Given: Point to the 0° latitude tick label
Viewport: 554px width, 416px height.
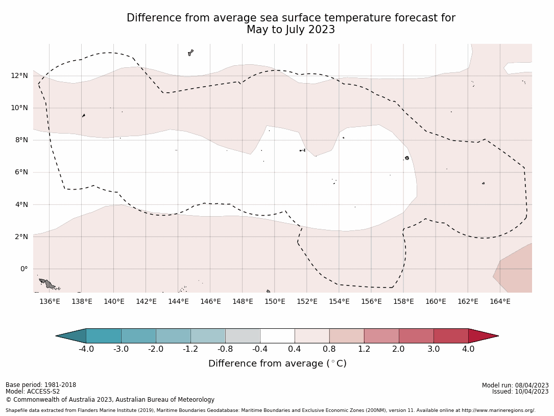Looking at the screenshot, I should coord(23,269).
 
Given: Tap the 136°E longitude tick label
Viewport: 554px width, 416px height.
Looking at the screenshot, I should coord(50,301).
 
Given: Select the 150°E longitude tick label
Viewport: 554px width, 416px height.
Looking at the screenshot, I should coord(275,301).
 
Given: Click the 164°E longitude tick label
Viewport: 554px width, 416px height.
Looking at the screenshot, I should coord(500,301).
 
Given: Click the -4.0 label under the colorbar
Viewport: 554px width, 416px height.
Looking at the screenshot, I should coord(86,349).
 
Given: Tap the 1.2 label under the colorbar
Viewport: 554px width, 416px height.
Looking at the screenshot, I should coord(364,349).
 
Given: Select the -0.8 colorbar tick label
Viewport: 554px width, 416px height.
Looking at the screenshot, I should coord(225,349).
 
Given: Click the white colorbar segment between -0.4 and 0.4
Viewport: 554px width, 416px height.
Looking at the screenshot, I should coord(277,336).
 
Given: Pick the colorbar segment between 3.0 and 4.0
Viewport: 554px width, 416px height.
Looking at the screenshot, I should coord(451,336).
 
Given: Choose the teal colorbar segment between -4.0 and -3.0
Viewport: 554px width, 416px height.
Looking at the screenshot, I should coord(104,336).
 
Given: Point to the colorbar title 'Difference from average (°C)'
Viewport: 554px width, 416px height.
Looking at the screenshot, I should coord(277,363).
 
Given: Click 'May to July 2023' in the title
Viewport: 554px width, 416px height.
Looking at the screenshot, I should coord(291,30).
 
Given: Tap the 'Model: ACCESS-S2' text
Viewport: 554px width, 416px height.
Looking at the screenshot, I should coord(33,392).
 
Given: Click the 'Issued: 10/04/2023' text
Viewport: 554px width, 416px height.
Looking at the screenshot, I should coord(520,392).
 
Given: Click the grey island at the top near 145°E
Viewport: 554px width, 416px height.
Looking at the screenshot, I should coord(190,53).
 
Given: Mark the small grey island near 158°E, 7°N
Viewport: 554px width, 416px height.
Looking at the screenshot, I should coord(407,158).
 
